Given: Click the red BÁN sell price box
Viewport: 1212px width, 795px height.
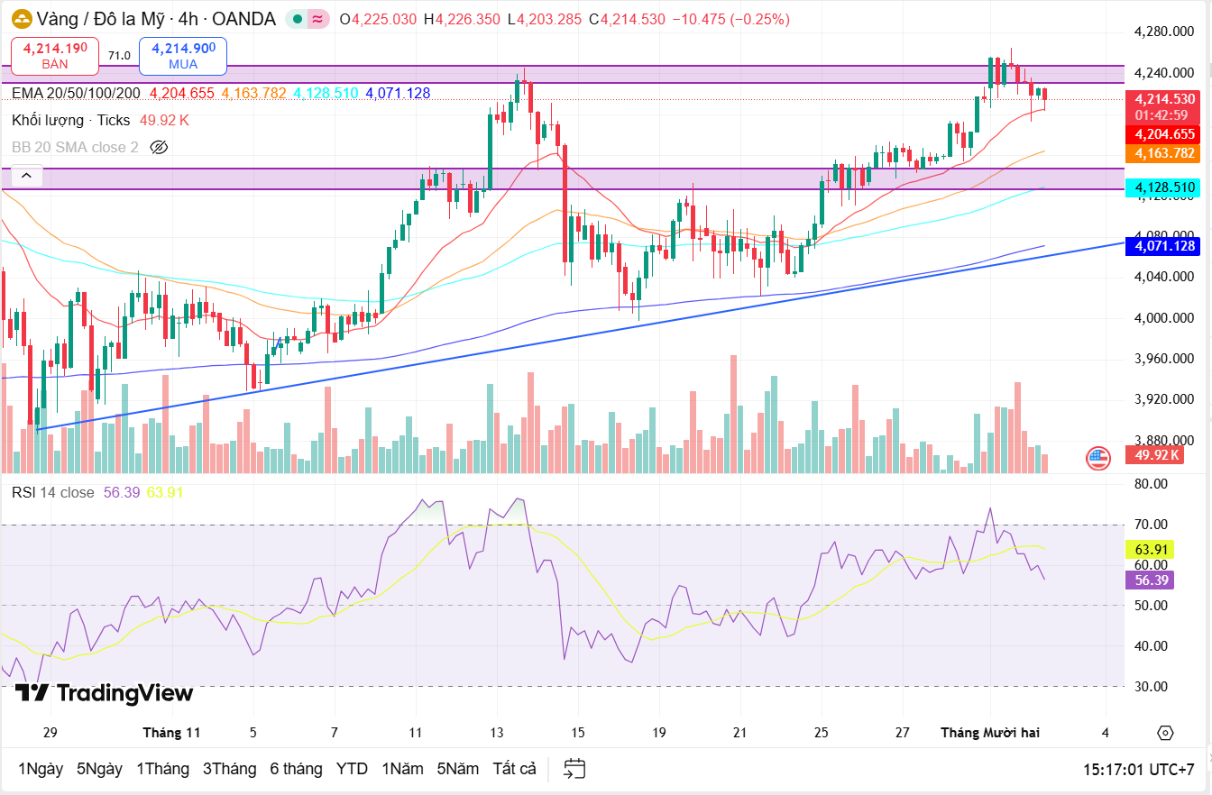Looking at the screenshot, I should click(x=55, y=55).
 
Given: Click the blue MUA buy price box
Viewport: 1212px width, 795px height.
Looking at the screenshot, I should click(x=183, y=55).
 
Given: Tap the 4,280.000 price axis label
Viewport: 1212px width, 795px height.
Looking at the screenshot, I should click(x=1163, y=32).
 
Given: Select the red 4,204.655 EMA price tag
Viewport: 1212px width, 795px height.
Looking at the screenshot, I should click(x=1164, y=134).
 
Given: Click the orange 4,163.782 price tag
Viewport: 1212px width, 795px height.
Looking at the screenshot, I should click(x=1164, y=153).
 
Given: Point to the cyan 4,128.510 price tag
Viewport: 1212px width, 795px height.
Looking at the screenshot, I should click(x=1164, y=187).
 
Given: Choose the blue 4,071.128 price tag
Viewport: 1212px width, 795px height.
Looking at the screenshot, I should click(x=1164, y=245).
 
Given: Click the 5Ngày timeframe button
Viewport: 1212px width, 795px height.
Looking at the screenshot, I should click(x=99, y=769).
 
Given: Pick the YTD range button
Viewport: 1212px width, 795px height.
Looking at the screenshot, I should click(x=352, y=769).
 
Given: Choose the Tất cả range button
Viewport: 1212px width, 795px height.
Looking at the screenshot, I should click(x=514, y=769).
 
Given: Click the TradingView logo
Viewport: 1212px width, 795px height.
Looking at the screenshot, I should click(x=104, y=693).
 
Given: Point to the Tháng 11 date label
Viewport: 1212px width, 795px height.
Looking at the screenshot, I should click(x=171, y=733).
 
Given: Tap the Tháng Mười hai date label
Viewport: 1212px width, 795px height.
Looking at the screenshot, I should click(x=990, y=733).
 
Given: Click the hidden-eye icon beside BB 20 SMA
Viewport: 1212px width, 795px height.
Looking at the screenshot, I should click(x=159, y=147).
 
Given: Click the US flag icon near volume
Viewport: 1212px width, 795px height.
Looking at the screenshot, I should click(x=1097, y=458).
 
